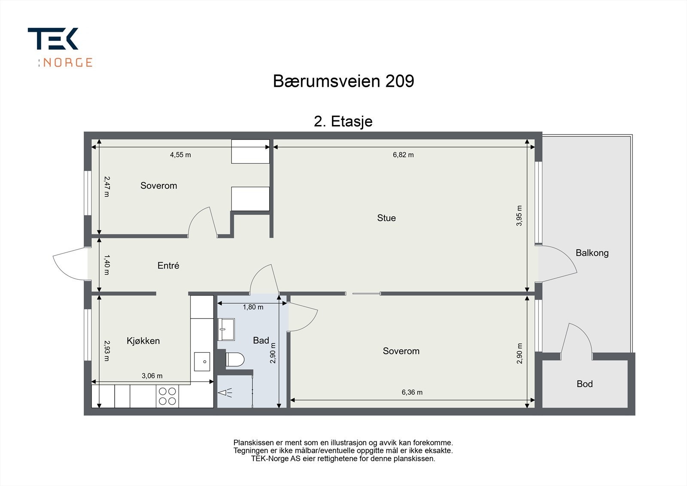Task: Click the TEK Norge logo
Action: click(60, 47)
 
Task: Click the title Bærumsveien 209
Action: click(343, 81)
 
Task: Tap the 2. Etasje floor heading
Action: click(343, 122)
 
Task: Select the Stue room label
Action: click(386, 218)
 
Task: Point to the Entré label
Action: click(168, 266)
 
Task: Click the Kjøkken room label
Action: click(143, 341)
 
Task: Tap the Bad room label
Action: click(261, 341)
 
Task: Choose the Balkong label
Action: click(592, 253)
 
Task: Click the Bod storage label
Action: click(584, 384)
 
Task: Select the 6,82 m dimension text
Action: click(403, 155)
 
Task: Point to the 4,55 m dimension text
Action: click(180, 155)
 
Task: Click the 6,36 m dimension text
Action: click(412, 392)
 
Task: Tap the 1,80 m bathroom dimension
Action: click(253, 307)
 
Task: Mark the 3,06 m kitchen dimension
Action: click(152, 376)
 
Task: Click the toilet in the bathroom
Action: click(234, 359)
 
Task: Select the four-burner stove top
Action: click(167, 396)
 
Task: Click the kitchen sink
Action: click(202, 361)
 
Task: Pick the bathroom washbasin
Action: click(226, 329)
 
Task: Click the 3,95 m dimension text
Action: click(519, 216)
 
